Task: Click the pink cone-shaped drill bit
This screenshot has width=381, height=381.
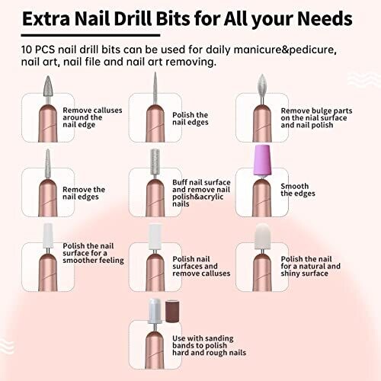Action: pos(262,160)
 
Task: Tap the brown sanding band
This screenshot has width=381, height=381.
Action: pos(173,311)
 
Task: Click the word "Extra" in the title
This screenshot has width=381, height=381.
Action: pos(46,18)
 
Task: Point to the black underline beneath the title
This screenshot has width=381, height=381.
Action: pos(91,35)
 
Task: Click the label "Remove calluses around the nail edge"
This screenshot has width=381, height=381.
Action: pos(92,117)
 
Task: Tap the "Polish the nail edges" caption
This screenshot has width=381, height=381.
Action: pos(190,118)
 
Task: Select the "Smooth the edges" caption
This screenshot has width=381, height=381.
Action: pos(298,190)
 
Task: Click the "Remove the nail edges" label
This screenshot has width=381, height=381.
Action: pos(84,193)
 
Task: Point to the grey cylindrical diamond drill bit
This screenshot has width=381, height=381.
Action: pos(155,162)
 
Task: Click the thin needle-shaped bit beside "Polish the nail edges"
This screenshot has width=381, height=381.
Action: pos(155,88)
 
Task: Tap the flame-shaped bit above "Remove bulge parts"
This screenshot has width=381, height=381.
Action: pos(262,86)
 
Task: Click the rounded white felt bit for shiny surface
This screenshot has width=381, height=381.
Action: pos(262,236)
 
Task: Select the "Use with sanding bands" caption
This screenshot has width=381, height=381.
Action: pos(209,345)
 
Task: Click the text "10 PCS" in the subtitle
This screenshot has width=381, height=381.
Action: pos(38,50)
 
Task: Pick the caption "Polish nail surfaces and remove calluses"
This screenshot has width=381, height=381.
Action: pos(201,266)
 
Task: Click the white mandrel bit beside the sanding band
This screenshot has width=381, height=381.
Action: pos(155,312)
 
